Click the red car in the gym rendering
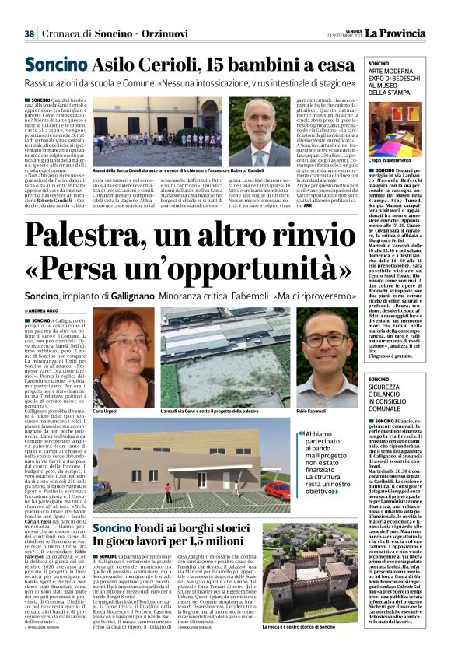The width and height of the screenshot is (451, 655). [x=278, y=491]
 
